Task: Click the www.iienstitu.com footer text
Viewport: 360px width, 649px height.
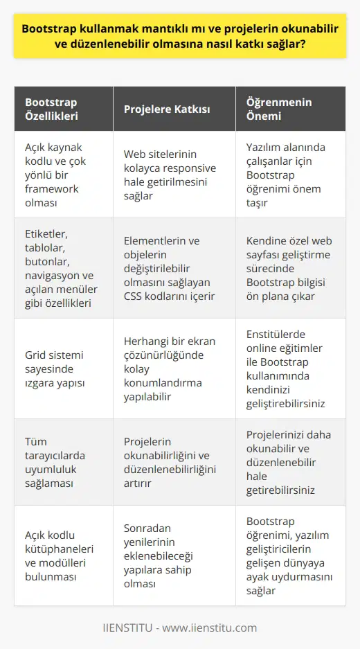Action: point(180,628)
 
